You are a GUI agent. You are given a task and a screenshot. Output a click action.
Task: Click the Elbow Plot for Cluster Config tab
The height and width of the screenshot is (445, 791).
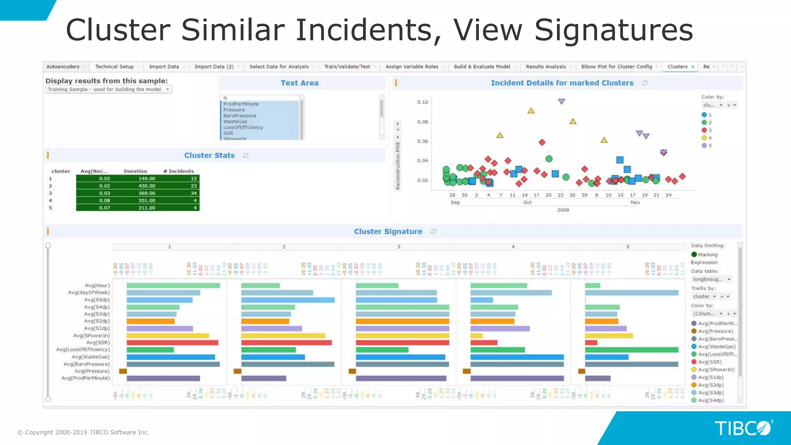click(x=616, y=66)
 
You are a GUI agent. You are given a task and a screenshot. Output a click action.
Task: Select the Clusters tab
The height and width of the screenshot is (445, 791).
click(x=677, y=66)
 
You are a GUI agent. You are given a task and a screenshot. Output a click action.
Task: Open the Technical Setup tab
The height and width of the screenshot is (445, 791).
click(x=114, y=66)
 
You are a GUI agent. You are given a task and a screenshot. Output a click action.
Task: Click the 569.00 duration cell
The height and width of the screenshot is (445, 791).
click(x=147, y=193)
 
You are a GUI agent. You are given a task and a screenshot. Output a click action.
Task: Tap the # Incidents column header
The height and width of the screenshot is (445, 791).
click(x=178, y=171)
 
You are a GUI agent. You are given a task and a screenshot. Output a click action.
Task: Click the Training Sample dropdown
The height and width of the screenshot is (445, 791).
click(x=108, y=89)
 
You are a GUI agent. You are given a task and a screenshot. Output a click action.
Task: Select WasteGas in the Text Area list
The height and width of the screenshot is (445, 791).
click(x=235, y=121)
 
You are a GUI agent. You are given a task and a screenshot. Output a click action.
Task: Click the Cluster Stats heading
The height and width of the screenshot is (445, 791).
click(x=209, y=155)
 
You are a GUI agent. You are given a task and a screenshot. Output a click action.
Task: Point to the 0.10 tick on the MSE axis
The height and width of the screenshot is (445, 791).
click(x=423, y=102)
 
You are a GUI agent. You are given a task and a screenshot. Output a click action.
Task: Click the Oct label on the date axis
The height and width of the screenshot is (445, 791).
click(x=527, y=202)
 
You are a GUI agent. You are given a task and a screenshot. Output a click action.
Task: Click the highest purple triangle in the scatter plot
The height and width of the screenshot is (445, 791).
click(x=562, y=101)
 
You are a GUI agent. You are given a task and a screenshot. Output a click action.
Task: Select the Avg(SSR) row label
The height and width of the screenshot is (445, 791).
click(x=98, y=343)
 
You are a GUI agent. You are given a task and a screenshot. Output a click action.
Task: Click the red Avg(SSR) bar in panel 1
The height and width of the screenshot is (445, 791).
click(x=172, y=343)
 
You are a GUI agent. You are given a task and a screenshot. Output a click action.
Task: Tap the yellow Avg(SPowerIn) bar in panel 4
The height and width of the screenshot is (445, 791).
click(x=477, y=336)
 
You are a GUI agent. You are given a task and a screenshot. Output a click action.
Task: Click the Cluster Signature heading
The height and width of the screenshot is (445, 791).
click(x=388, y=231)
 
